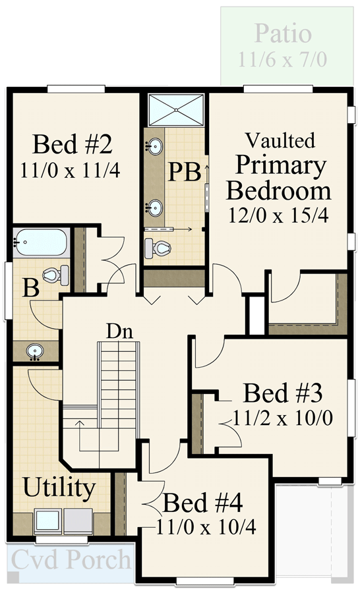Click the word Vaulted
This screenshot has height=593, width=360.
click(280, 140)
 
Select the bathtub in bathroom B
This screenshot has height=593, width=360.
click(41, 243)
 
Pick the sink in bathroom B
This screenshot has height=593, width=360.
click(34, 351)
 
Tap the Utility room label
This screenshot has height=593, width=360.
click(59, 489)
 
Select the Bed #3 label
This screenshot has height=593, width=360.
click(282, 393)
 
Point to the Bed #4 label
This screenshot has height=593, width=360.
click(202, 504)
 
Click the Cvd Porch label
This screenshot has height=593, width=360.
click(71, 560)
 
